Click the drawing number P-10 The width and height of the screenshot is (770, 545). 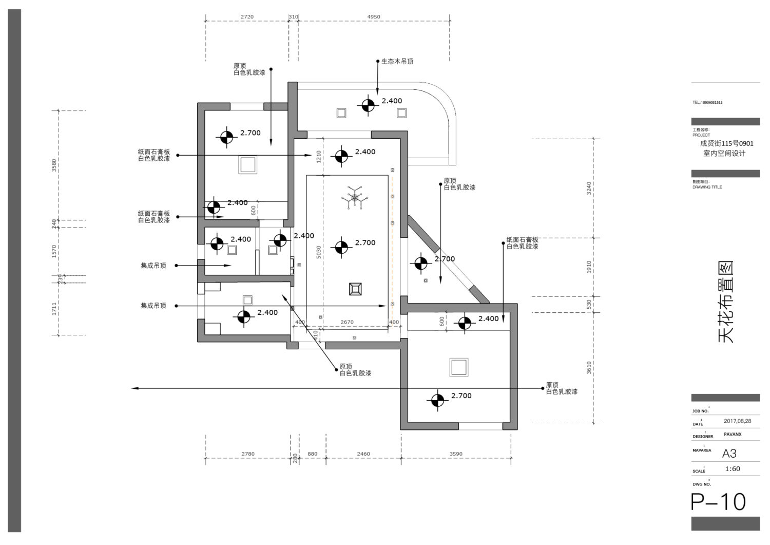point(718,502)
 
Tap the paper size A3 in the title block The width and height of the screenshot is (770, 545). point(729,454)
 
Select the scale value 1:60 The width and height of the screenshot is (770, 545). point(733,469)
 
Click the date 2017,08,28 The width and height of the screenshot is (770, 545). point(738,421)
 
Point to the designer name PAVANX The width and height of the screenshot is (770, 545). point(733,435)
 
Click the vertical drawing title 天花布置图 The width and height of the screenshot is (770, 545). point(725,302)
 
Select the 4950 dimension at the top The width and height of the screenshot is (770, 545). point(374,17)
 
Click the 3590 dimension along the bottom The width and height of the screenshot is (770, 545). point(456,454)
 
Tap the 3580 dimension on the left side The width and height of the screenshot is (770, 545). point(54,165)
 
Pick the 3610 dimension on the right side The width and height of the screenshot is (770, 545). point(589,367)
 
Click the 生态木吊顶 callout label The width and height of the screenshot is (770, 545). point(397,61)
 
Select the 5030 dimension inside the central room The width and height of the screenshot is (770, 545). point(319,252)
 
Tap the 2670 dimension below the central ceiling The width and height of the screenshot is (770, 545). point(347,323)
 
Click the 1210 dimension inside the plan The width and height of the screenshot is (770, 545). point(319,156)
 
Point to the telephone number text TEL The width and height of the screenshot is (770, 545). point(707,102)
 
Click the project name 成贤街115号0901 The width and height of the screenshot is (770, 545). point(727,144)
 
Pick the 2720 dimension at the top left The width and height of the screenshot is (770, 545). point(247,17)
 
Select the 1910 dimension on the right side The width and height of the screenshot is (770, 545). point(589,267)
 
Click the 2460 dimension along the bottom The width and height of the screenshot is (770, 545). point(363,454)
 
